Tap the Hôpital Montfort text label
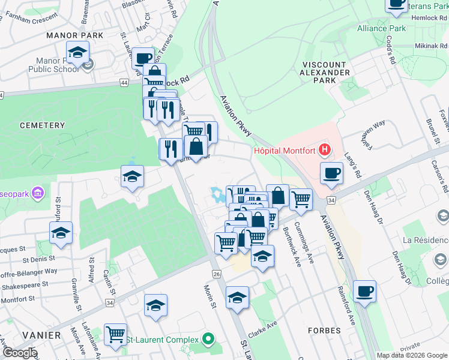pyautogui.click(x=285, y=151)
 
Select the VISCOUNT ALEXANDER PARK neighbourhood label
pyautogui.click(x=324, y=72)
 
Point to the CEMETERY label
pyautogui.click(x=41, y=125)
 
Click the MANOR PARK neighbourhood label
pyautogui.click(x=75, y=35)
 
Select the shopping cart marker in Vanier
pyautogui.click(x=115, y=334)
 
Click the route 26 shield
pyautogui.click(x=216, y=274)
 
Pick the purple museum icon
pyautogui.click(x=38, y=193)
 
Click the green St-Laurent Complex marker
pyautogui.click(x=208, y=340)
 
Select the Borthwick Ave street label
pyautogui.click(x=290, y=247)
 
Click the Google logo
pyautogui.click(x=19, y=353)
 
